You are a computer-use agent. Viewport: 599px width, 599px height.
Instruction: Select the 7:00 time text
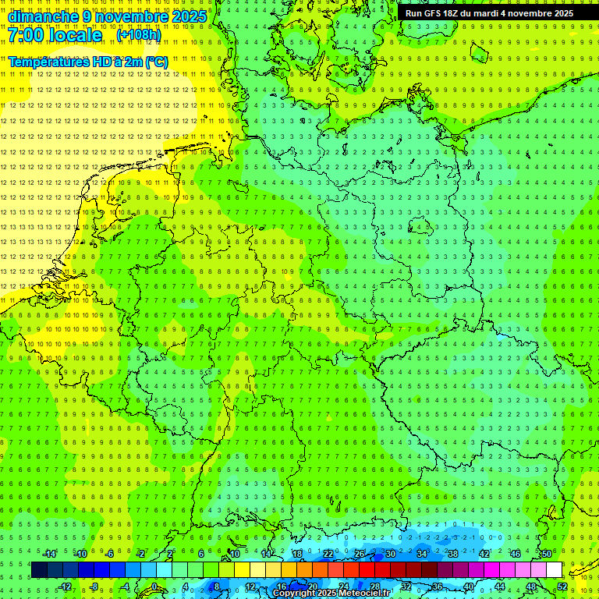click(27, 36)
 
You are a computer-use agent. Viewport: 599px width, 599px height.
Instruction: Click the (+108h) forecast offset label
click(138, 36)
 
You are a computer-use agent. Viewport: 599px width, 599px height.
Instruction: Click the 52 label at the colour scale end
click(562, 587)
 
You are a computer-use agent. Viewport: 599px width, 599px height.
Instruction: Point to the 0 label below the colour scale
click(154, 587)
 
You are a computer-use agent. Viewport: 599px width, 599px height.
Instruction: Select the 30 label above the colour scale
click(390, 554)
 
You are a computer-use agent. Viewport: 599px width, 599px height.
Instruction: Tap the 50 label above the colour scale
click(547, 554)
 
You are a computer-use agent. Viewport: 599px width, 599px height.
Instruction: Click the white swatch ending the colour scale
click(554, 570)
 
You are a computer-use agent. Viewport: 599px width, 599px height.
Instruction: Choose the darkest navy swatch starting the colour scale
click(39, 570)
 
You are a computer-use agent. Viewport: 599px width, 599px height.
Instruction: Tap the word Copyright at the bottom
click(294, 594)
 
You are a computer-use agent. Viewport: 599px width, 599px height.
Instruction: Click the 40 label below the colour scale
click(468, 587)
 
